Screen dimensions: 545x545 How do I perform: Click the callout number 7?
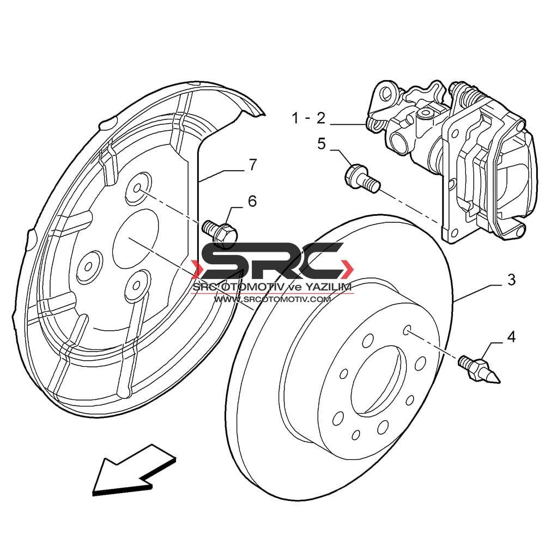252,165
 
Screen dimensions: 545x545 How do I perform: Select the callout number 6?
252,202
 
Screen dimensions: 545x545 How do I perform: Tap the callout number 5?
322,143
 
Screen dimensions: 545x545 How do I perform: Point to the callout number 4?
511,337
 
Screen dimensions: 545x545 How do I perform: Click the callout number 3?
511,280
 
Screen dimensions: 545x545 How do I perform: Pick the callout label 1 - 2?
309,118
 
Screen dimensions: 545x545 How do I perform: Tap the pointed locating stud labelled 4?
479,369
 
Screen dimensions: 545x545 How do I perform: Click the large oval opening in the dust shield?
136,239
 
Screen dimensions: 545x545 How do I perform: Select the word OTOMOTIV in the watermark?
253,287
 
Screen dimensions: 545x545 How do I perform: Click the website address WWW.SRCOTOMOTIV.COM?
272,299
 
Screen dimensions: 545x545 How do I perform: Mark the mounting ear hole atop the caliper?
386,92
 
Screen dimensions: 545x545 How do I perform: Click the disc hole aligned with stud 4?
407,330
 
